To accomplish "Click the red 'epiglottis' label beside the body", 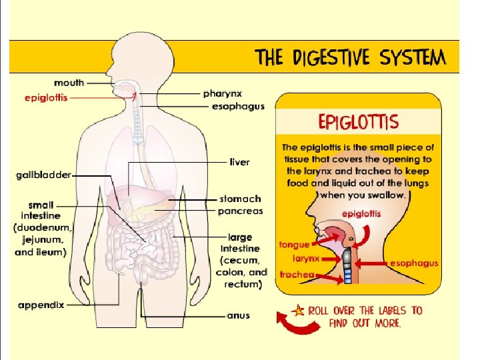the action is click(46, 97).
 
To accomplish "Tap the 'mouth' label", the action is click(69, 83).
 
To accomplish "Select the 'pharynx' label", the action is click(222, 94).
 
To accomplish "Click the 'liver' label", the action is click(240, 162).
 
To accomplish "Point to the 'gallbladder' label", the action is click(43, 175).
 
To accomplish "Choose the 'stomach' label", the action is click(240, 199).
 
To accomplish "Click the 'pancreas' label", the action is click(240, 211).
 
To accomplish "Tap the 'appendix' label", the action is click(41, 305).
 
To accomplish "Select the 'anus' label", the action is click(238, 315).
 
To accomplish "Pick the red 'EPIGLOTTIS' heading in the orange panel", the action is click(359, 122).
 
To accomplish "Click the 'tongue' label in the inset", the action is click(294, 245).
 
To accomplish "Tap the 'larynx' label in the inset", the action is click(306, 258).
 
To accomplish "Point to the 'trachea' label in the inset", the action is click(297, 274).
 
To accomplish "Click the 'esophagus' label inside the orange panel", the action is click(414, 263).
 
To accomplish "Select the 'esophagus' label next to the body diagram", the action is click(238, 106).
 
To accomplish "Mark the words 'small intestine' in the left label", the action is click(42, 210).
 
